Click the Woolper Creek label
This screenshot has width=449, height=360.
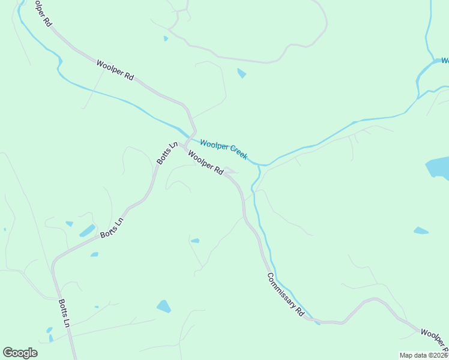(224, 149)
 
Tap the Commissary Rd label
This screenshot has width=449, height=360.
(286, 295)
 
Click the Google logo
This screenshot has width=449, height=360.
(20, 353)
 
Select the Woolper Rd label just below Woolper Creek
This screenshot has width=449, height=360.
(205, 163)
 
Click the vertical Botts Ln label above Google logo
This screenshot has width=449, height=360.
(64, 314)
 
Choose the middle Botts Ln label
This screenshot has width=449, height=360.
(112, 228)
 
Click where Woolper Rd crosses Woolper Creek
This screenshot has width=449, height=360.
(194, 135)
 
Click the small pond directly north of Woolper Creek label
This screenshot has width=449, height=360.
(242, 74)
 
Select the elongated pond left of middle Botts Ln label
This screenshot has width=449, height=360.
(87, 230)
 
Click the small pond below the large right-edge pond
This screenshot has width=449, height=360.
(421, 230)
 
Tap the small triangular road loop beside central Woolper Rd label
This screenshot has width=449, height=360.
(231, 172)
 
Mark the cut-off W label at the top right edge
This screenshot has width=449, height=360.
(445, 61)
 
